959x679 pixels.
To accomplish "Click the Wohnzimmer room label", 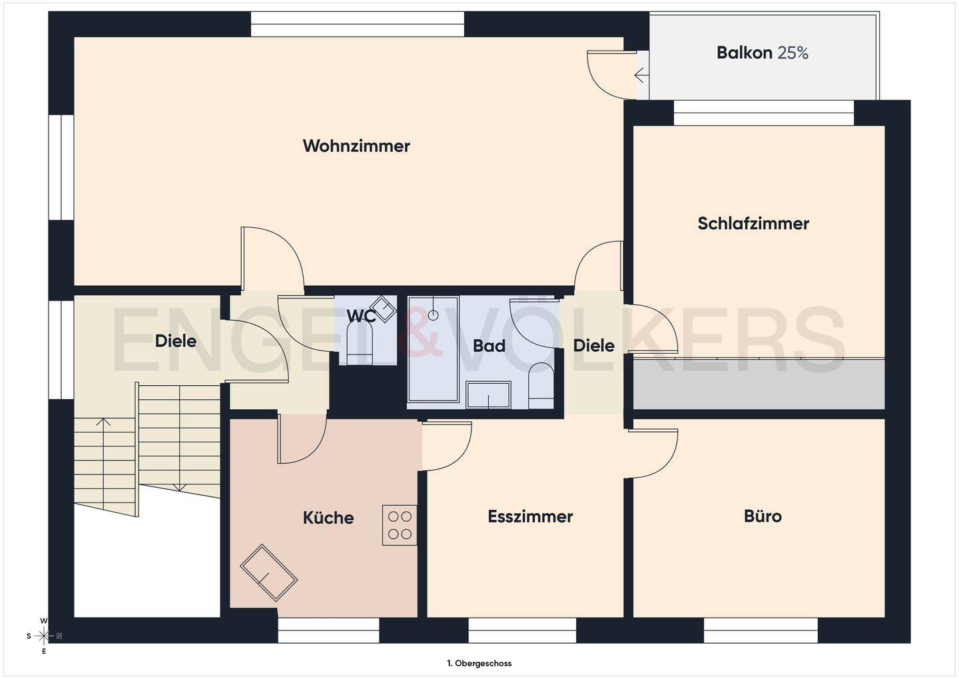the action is pos(356,146).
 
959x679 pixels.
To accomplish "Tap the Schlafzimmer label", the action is pos(753,223).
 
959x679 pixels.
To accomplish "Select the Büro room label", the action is pos(763,516).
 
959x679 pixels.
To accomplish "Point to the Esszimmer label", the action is pos(530,516).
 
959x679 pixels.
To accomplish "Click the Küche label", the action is pos(328,518).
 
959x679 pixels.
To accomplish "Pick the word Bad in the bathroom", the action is pos(489,346).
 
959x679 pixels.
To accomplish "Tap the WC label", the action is pos(361,316).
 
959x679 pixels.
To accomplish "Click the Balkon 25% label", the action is pos(762,53).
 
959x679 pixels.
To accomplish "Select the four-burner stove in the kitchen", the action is pos(400,525).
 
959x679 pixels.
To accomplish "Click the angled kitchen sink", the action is pos(268,572).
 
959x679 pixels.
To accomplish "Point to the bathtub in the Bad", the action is pos(434,348).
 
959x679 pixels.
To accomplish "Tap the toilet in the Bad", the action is pos(541,385).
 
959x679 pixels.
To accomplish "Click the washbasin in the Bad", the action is pos(489,394).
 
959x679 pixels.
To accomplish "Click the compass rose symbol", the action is pos(44,636).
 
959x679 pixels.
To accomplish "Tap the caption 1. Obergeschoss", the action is pos(479,664).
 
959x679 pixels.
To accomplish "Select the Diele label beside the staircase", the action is pos(176,341).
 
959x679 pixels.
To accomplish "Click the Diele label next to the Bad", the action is pos(594,345).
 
